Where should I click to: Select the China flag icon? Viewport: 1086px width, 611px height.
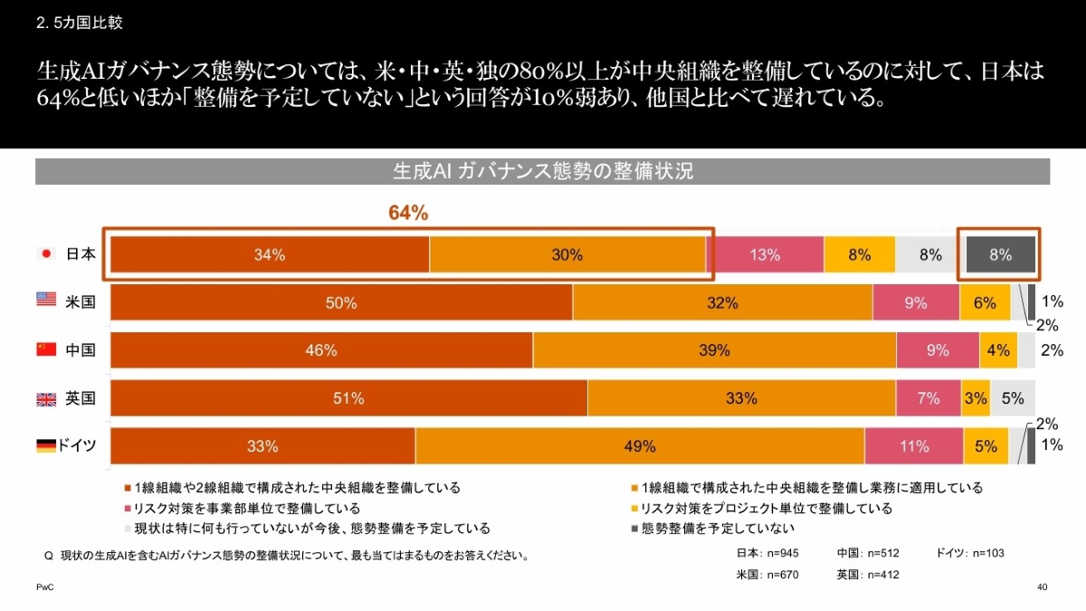point(46,349)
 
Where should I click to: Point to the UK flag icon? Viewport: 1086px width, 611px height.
point(46,398)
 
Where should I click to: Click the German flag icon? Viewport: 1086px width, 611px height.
point(45,445)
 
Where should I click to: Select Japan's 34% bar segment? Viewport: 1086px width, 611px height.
point(270,254)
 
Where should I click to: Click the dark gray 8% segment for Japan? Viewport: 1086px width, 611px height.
point(1000,254)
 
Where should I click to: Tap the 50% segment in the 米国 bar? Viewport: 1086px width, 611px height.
point(341,302)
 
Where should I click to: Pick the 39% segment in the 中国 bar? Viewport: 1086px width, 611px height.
point(714,350)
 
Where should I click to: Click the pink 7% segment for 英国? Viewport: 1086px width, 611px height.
point(929,398)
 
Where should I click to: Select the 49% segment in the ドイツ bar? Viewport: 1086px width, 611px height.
point(640,446)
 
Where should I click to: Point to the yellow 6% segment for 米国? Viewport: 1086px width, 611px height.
point(985,302)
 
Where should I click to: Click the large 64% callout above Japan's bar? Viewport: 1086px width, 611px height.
point(408,213)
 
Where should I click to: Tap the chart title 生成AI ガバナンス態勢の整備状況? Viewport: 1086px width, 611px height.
point(542,171)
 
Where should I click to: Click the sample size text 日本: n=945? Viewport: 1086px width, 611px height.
point(768,553)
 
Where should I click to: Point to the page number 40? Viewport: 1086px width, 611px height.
point(1042,588)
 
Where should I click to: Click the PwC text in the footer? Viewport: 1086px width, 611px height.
point(44,588)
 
